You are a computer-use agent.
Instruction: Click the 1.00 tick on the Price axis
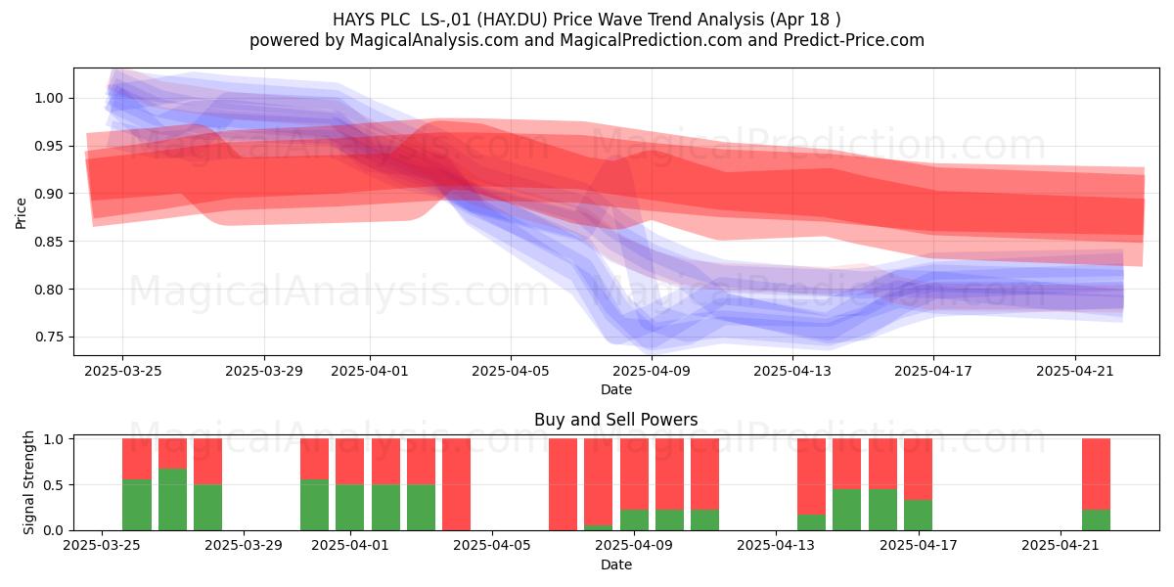pos(48,98)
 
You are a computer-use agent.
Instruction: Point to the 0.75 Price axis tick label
pos(48,337)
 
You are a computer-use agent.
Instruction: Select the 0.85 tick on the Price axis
pos(48,242)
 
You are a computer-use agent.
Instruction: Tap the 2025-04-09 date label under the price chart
pos(652,371)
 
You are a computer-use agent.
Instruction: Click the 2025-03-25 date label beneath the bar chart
pos(102,546)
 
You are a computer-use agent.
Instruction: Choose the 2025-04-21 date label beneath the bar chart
pos(1061,546)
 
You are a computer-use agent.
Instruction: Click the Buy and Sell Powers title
pos(615,420)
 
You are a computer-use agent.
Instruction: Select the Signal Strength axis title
pos(28,482)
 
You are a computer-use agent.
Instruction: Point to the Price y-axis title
pos(21,213)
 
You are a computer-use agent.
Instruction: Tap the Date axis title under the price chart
pos(615,390)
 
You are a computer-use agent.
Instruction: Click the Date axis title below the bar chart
pos(615,565)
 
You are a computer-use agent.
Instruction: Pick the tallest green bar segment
pos(172,500)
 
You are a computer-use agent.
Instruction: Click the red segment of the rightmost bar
pos(1096,474)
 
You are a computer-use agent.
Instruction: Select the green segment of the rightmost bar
pos(1096,519)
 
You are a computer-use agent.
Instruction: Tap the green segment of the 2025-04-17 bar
pos(918,516)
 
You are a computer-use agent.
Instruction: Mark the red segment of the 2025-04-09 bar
pos(634,474)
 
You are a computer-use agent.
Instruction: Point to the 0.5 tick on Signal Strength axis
pos(54,485)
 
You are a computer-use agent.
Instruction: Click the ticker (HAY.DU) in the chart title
pos(512,20)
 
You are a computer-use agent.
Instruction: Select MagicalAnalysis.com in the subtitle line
pos(434,40)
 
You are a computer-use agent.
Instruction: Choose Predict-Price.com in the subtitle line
pos(854,40)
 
